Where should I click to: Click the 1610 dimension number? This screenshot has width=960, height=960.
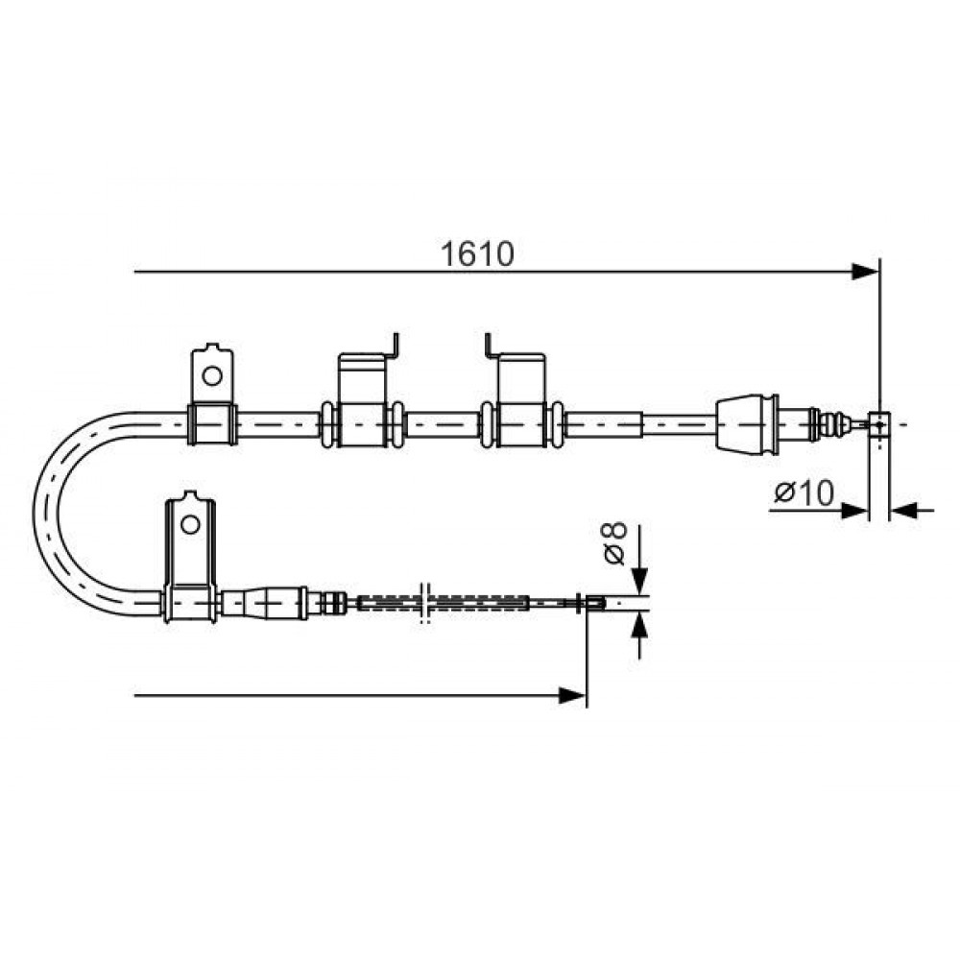pos(477,254)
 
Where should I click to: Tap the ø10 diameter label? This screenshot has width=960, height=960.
pos(804,493)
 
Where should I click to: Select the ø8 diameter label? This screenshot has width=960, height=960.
pos(614,543)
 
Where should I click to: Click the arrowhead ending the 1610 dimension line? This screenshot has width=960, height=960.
pos(866,272)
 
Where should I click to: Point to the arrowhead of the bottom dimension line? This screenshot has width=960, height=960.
pos(573,695)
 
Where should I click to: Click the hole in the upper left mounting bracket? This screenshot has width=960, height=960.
pos(212,375)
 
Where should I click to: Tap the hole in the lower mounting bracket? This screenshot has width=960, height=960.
pos(190,525)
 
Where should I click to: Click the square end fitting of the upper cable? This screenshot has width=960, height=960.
pos(879,424)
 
